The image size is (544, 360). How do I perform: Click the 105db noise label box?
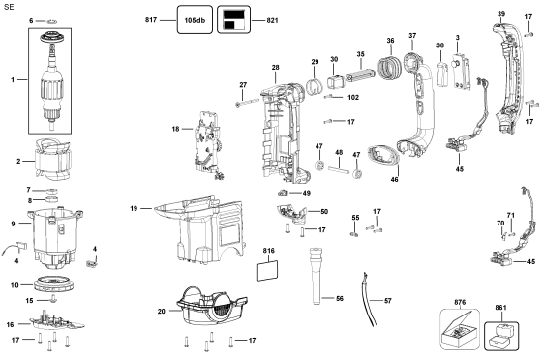click(x=195, y=20)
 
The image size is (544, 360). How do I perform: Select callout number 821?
click(x=272, y=20)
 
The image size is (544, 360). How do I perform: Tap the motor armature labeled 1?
click(x=52, y=80)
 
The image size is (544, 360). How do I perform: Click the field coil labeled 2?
click(x=52, y=159)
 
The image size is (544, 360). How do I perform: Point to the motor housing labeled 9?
click(x=54, y=238)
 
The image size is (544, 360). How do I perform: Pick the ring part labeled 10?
click(x=54, y=284)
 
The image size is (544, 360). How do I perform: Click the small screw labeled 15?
click(x=53, y=299)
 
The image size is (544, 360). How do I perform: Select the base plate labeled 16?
click(x=56, y=320)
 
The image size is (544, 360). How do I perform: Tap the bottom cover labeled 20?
click(x=212, y=306)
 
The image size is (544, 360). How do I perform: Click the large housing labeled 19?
click(x=200, y=228)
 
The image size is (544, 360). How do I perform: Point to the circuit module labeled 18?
click(x=208, y=145)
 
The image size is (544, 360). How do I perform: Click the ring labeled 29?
click(x=315, y=85)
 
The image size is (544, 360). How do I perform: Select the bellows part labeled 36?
click(x=390, y=67)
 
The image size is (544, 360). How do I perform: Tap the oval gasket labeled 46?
click(x=384, y=158)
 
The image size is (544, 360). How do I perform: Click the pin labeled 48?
click(x=337, y=169)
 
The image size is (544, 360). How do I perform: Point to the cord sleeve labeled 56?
click(x=317, y=276)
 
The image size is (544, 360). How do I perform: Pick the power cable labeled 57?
click(x=369, y=300)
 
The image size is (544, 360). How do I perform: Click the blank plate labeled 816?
click(x=267, y=271)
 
